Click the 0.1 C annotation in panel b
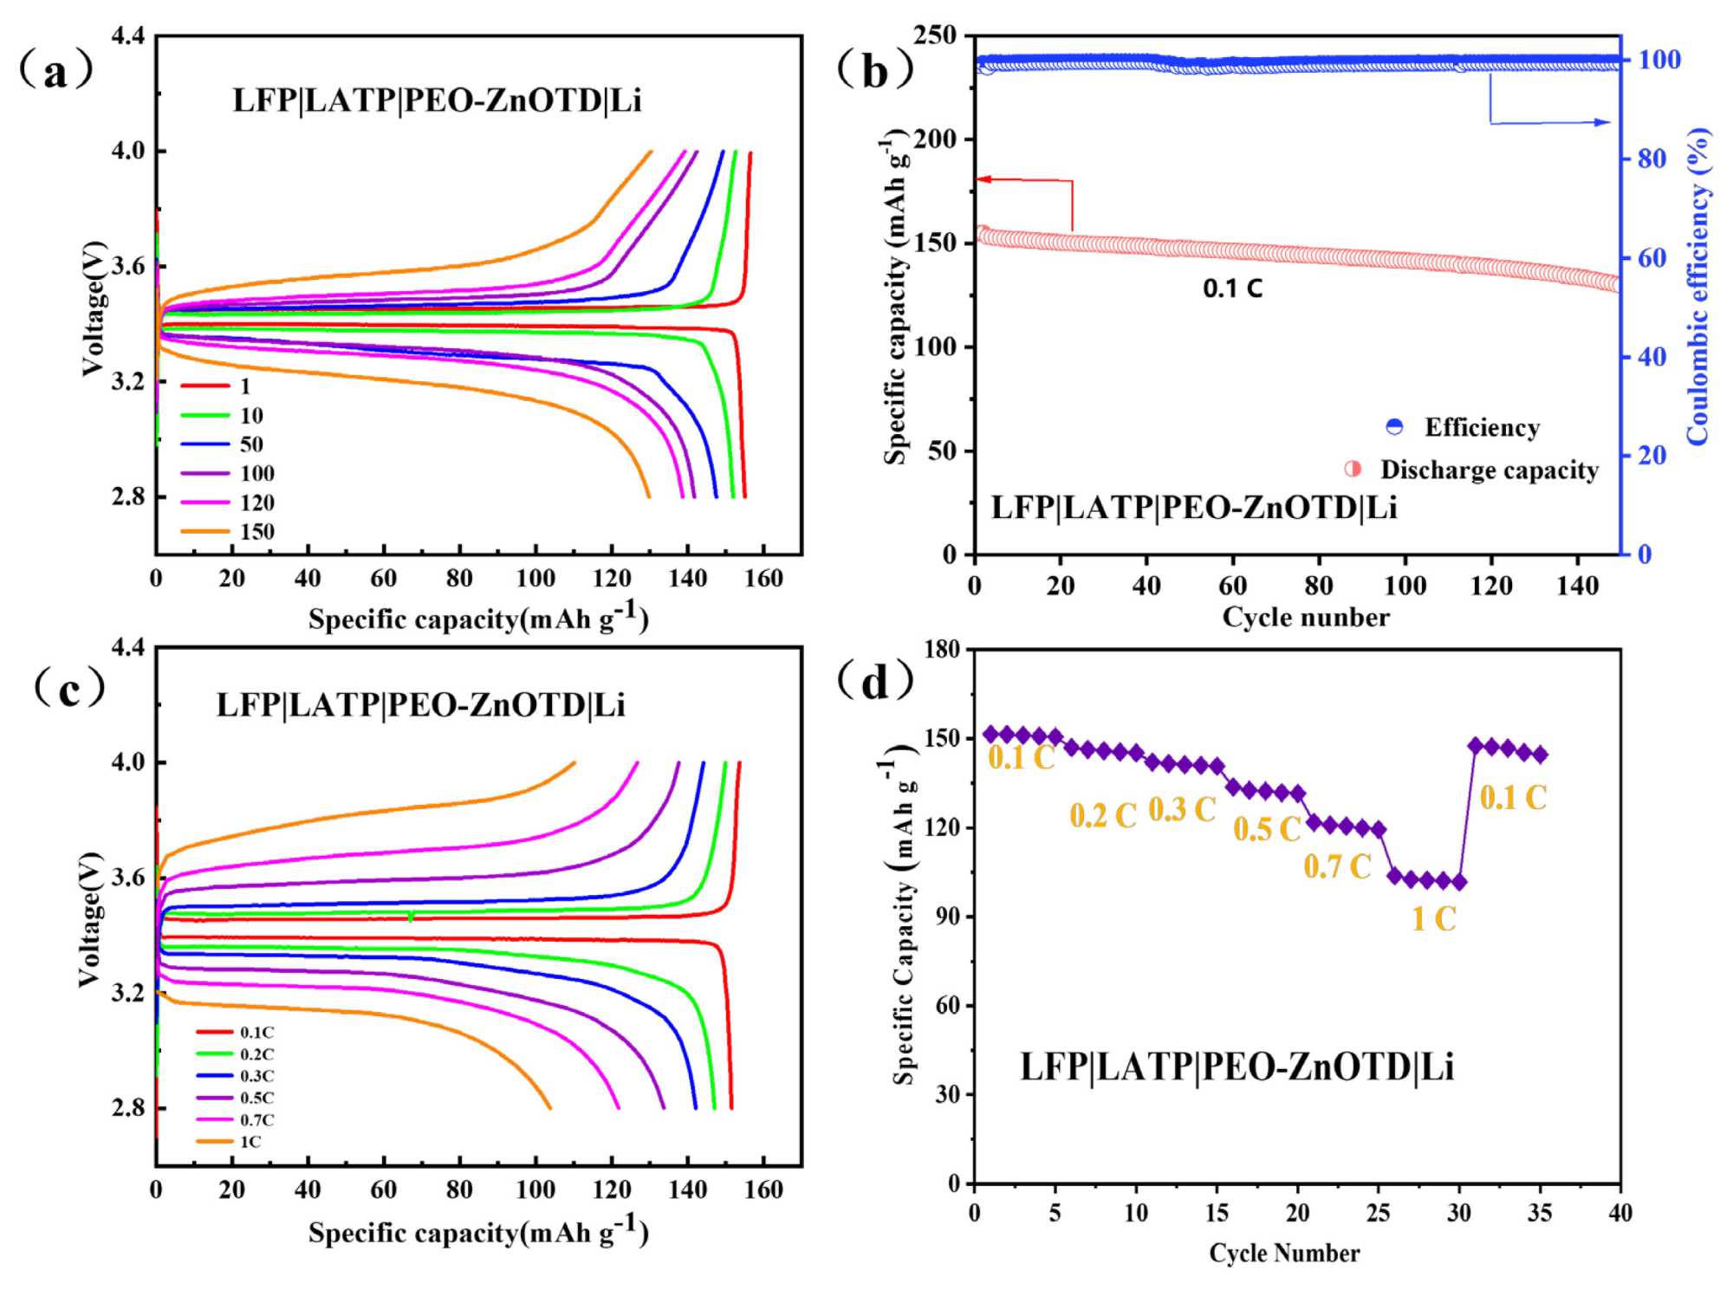1232,288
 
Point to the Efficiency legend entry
1464,427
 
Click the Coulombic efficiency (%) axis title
1698,286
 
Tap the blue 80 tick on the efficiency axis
1652,159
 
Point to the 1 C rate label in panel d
1434,918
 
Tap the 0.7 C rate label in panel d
1337,866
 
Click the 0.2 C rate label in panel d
1102,815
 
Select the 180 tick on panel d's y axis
943,649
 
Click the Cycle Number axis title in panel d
1284,1253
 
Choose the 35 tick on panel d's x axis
1539,1213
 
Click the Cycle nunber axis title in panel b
1305,617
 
